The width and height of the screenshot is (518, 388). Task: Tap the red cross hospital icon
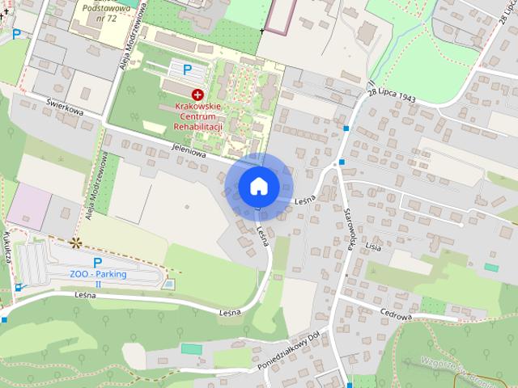pos(197,95)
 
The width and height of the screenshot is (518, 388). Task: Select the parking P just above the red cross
pos(188,70)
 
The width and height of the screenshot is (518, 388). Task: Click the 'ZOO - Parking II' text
pos(98,278)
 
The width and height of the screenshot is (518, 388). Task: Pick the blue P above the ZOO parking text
pos(98,262)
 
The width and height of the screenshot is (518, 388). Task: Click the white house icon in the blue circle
pos(259,186)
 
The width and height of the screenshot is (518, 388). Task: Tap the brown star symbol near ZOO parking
pos(76,242)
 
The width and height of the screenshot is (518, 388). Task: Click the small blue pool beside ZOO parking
pos(168,284)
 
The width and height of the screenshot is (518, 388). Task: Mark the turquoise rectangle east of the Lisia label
pos(491,267)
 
